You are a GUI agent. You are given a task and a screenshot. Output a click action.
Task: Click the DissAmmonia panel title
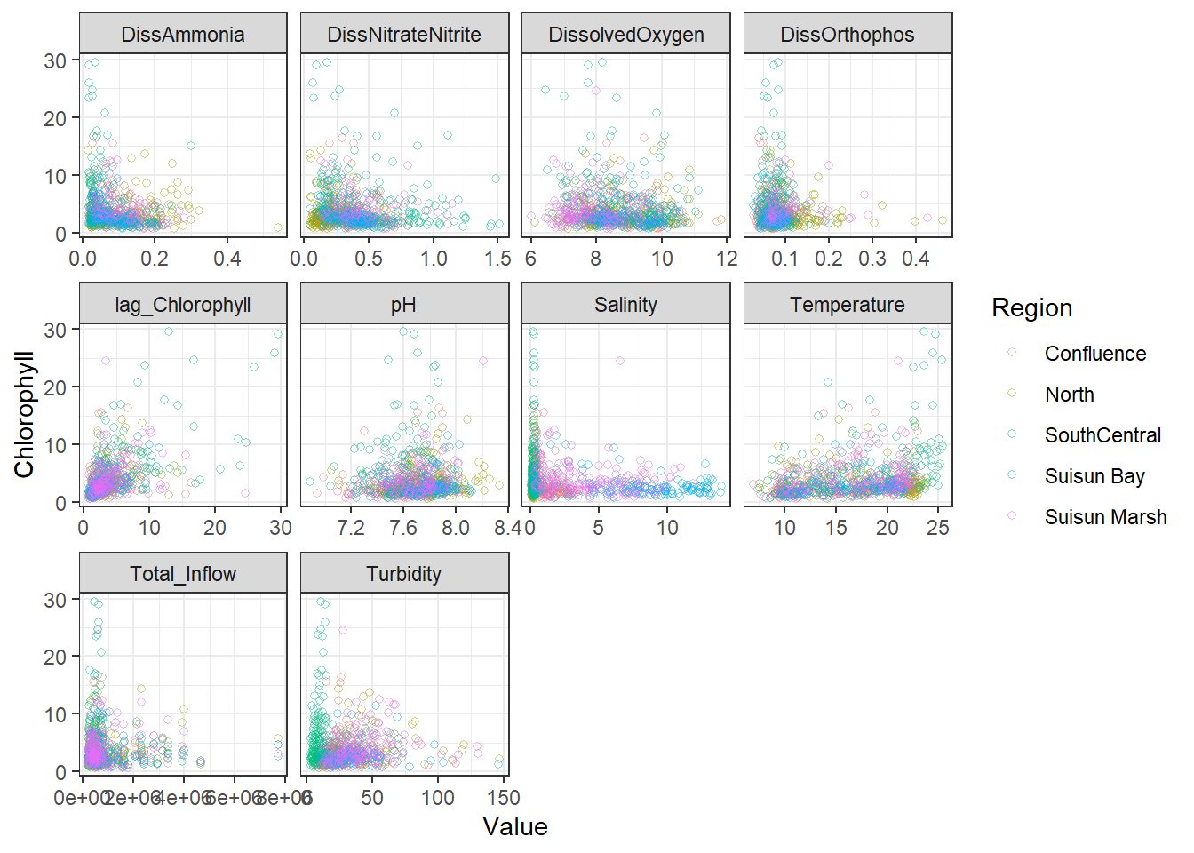coord(183,35)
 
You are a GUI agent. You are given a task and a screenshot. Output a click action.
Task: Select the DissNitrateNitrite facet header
coord(404,35)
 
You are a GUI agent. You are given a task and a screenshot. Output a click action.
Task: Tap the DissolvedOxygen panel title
coord(626,35)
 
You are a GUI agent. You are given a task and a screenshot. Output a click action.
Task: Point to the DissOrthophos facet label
coord(848,35)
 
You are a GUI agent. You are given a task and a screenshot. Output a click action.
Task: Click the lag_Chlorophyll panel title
coord(183,305)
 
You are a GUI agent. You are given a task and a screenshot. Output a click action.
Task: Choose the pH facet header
coord(404,305)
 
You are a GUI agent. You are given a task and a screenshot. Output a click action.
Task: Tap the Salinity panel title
coord(626,305)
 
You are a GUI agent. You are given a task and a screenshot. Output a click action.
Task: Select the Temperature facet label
coord(848,305)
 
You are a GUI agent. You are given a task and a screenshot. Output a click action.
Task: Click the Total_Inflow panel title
coord(183,574)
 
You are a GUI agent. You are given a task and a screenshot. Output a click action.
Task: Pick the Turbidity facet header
coord(404,574)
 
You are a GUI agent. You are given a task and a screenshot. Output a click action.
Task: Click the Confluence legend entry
coord(1095,354)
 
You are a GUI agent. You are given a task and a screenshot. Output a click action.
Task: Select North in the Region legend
coord(1070,395)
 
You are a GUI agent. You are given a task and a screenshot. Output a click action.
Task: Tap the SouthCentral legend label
coord(1102,435)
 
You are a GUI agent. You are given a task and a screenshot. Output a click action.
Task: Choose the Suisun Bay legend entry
coord(1094,476)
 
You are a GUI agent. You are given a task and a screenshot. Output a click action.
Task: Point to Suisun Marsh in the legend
coord(1105,517)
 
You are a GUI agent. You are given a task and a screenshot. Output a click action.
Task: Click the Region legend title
coord(1032,308)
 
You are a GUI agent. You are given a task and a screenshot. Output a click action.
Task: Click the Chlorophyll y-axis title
coord(24,414)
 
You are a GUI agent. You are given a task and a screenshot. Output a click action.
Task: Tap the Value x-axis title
coord(515,827)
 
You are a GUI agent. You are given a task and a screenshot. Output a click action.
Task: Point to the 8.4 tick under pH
coord(508,528)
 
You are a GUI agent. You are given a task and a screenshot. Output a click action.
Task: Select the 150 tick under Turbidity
coord(504,798)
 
